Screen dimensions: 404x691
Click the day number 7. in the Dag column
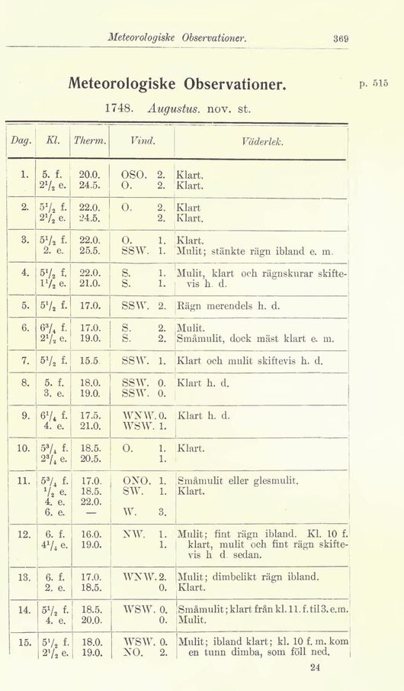tap(24, 359)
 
